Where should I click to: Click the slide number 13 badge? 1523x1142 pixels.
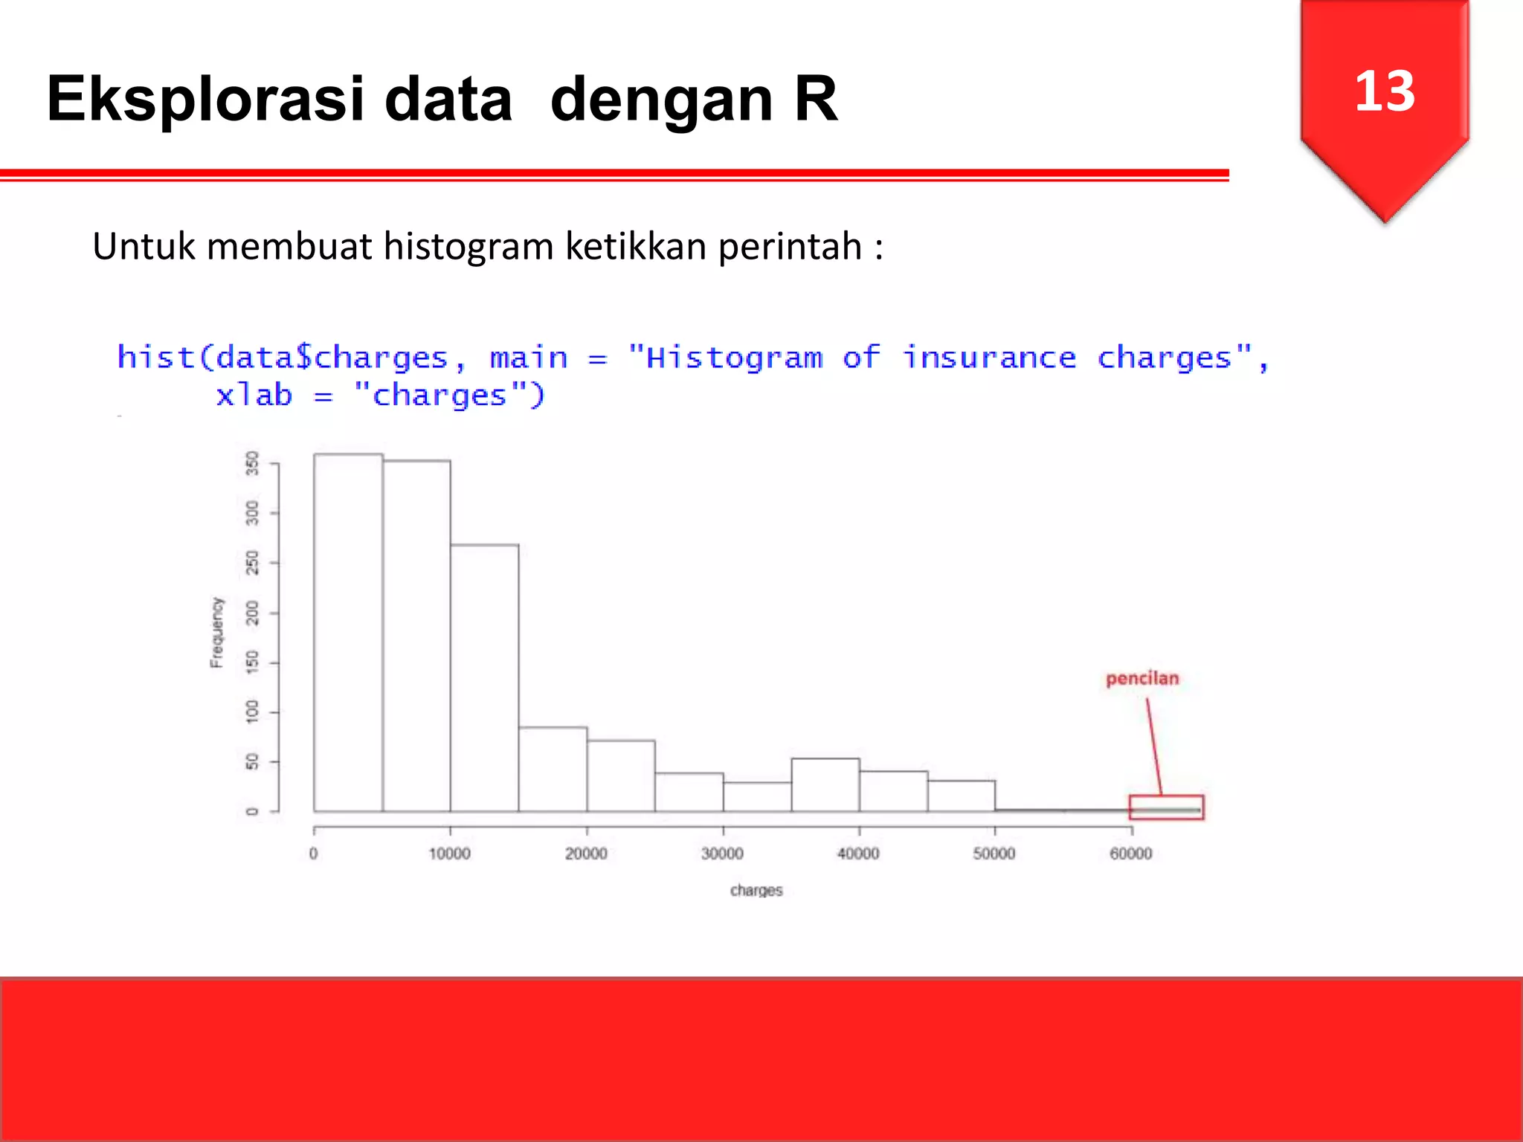point(1384,93)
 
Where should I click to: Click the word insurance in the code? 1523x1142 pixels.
point(988,358)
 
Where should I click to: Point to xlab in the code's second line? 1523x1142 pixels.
point(254,396)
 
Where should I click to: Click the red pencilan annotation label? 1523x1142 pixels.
point(1142,678)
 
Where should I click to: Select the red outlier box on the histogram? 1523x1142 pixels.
point(1166,807)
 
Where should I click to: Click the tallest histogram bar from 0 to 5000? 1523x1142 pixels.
point(348,632)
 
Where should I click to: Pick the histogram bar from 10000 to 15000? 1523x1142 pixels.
point(484,677)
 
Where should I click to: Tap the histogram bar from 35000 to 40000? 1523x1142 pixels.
point(825,784)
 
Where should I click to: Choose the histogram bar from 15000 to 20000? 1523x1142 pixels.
point(553,770)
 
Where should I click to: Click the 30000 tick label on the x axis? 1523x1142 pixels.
point(722,854)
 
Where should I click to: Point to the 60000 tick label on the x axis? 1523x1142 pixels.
point(1130,854)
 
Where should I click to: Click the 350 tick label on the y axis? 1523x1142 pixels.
point(253,463)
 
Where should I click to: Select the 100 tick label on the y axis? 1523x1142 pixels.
point(253,712)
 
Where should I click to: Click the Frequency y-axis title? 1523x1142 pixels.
point(216,632)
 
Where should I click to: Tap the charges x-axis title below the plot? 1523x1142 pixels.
point(756,890)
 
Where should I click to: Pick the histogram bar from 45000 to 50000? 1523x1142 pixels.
point(962,796)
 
